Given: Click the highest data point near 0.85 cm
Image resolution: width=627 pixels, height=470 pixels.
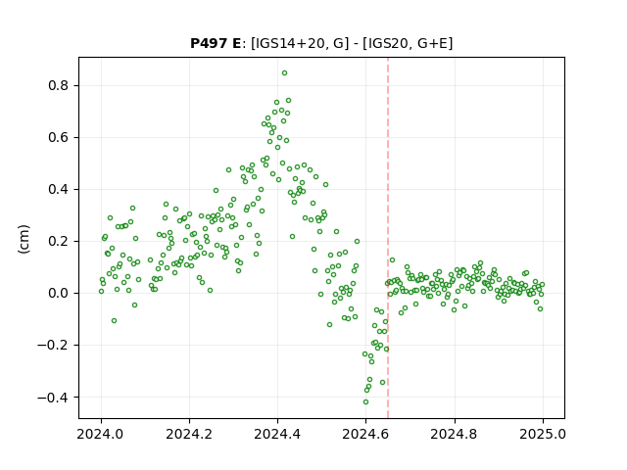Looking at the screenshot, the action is [284, 73].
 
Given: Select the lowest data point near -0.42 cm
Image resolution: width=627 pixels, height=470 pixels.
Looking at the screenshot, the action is [365, 402].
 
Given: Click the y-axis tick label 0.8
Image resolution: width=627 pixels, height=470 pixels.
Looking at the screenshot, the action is [58, 85].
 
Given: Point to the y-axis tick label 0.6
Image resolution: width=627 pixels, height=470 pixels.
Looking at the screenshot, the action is [58, 137].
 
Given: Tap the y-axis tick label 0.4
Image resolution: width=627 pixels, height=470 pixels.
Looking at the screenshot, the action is [58, 189].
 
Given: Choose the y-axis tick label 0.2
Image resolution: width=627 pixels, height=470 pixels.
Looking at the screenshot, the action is [58, 242].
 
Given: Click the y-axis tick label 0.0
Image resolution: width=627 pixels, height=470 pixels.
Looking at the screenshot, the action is [58, 294].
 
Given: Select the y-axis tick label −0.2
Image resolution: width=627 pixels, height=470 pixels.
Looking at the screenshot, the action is [53, 346].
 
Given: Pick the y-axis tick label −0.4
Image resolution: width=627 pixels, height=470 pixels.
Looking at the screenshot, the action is [53, 398].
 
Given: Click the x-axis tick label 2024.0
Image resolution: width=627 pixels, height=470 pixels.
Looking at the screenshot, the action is [101, 434].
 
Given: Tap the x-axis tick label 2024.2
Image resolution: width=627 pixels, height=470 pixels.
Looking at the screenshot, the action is [189, 434].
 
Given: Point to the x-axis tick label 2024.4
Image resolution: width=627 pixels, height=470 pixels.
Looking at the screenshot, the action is [277, 434].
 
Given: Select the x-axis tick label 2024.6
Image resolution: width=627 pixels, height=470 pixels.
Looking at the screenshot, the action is [365, 434].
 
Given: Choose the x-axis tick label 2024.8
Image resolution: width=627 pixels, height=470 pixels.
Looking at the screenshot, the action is [455, 434].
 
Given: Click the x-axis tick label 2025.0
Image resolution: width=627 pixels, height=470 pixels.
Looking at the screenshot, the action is [543, 434].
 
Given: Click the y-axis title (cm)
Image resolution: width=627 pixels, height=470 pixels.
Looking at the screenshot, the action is [24, 239].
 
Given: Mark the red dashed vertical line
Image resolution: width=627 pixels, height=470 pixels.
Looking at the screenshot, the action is [388, 238].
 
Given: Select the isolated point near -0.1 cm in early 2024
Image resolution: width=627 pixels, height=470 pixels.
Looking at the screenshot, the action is [114, 321].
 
